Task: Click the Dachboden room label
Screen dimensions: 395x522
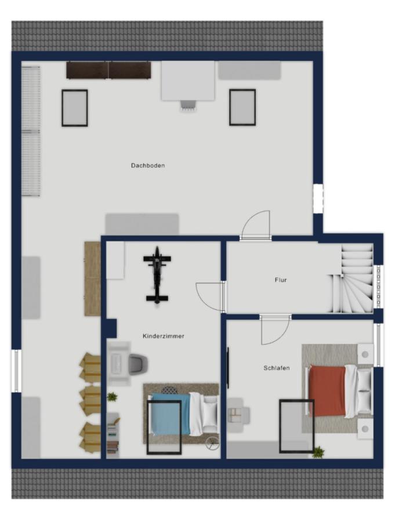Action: [148, 165]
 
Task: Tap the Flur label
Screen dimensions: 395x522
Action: [281, 280]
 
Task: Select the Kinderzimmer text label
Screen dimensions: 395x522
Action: [163, 336]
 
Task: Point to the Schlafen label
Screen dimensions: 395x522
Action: [277, 368]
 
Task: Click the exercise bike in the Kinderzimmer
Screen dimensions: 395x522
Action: [157, 275]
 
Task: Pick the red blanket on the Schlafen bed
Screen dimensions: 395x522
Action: [327, 391]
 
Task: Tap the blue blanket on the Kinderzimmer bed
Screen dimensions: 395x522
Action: [171, 414]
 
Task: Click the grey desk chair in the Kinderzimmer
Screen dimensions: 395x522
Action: [138, 365]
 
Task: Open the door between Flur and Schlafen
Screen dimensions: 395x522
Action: [275, 329]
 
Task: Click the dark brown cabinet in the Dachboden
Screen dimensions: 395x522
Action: [108, 70]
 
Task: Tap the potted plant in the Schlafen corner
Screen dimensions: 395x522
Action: [319, 452]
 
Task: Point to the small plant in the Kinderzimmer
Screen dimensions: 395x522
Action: [113, 397]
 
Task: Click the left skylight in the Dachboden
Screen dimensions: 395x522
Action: [75, 108]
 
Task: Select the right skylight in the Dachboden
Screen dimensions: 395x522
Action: [242, 107]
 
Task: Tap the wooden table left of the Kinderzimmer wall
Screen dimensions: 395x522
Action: [93, 278]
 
